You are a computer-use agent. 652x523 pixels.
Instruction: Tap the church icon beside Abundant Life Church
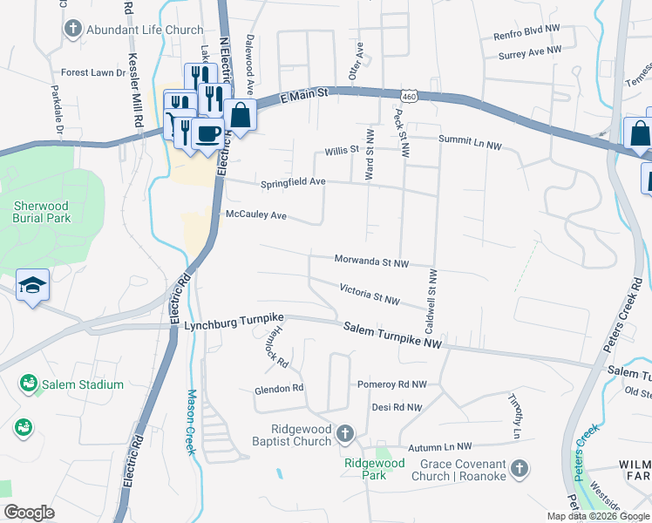click(x=73, y=30)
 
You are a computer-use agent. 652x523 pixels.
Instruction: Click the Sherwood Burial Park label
click(x=42, y=212)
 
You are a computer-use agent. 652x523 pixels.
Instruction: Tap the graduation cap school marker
click(x=32, y=285)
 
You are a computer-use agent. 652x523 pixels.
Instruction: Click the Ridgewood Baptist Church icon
click(x=346, y=432)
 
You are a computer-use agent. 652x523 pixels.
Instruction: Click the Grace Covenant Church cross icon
click(x=519, y=470)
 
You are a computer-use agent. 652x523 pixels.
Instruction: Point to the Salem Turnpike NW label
click(x=393, y=336)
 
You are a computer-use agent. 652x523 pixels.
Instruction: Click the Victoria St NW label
click(x=370, y=294)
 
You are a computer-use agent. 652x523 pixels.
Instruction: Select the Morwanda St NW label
click(x=372, y=261)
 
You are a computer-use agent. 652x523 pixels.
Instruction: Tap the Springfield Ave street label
click(x=293, y=183)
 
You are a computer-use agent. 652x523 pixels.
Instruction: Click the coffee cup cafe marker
click(x=207, y=133)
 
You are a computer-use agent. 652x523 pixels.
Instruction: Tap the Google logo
click(x=30, y=513)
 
